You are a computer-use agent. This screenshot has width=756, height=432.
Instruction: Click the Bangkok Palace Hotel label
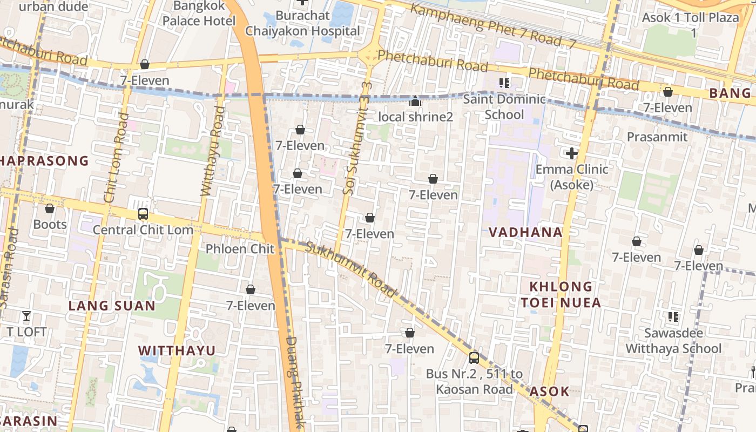tap(199, 14)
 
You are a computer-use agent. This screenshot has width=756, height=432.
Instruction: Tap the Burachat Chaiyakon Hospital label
tap(302, 23)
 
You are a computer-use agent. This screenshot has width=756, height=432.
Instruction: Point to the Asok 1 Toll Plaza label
tap(690, 24)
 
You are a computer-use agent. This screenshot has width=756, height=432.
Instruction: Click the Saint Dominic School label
tap(504, 106)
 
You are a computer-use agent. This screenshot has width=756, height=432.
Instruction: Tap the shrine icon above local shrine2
tap(415, 102)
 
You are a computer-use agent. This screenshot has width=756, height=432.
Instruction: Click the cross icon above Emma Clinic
tap(571, 154)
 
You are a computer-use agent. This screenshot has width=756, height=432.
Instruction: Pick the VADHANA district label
tap(525, 232)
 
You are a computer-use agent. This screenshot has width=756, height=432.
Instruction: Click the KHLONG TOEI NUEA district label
tap(561, 294)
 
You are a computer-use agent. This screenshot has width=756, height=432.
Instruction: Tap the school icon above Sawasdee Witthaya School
tap(673, 317)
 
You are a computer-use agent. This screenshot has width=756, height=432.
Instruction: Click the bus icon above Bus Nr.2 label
tap(474, 357)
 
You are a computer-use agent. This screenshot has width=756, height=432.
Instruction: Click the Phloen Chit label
tap(240, 249)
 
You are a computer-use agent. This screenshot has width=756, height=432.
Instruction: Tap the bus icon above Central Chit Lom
tap(143, 214)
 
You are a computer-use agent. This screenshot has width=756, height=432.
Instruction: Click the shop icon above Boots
tap(50, 208)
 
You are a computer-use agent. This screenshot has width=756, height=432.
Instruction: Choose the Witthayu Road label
tap(213, 151)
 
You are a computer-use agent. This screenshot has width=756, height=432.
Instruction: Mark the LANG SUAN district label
tap(112, 306)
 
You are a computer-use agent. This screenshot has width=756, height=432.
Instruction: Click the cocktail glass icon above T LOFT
tap(26, 316)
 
